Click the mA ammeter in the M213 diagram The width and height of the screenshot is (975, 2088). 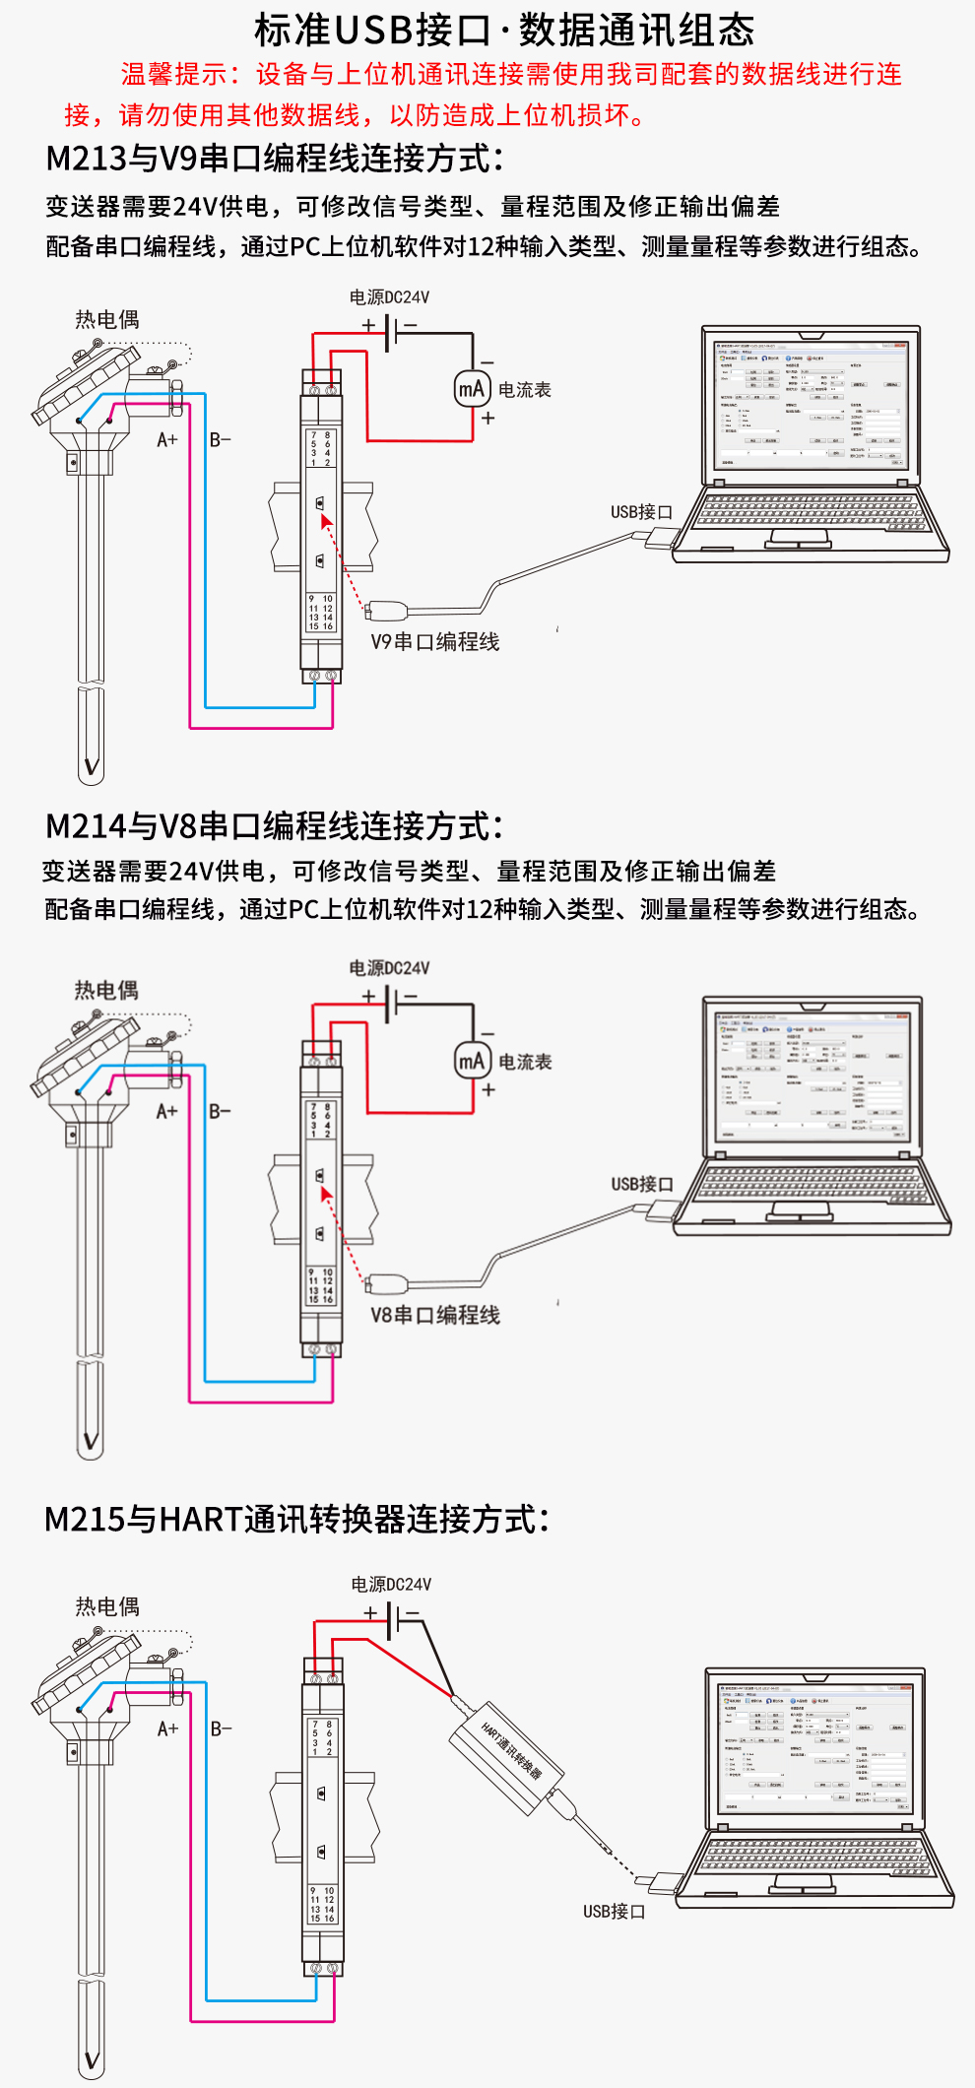[x=472, y=388]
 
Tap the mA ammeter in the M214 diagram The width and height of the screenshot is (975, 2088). [x=472, y=1061]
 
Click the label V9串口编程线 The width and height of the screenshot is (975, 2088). [x=434, y=642]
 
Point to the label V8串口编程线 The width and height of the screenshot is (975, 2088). [x=434, y=1315]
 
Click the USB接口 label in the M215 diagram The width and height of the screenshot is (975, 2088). [x=614, y=1911]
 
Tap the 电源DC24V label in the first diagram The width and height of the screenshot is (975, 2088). [x=389, y=297]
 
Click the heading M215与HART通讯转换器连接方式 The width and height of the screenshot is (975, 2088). [x=295, y=1519]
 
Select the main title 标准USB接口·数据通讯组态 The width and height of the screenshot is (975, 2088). [x=504, y=30]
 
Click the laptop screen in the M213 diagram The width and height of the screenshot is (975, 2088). [x=810, y=404]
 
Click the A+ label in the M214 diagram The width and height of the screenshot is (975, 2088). [x=167, y=1112]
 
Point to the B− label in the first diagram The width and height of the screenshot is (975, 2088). [x=220, y=440]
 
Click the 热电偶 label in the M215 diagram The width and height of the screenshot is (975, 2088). [x=107, y=1606]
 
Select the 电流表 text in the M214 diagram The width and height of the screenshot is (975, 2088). [x=525, y=1062]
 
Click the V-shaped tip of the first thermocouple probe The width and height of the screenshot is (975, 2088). [x=91, y=766]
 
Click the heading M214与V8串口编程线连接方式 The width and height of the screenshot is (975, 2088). [x=275, y=825]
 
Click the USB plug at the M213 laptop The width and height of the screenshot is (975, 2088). [x=657, y=538]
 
